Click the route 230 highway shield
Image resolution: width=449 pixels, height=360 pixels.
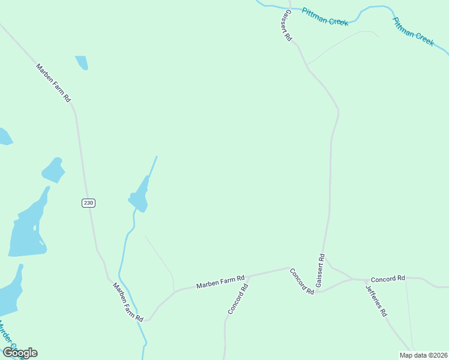(x=88, y=203)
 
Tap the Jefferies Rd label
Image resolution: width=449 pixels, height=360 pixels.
(x=376, y=299)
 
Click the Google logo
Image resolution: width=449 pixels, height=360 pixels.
(x=20, y=352)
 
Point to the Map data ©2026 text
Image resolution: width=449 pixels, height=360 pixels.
(x=423, y=355)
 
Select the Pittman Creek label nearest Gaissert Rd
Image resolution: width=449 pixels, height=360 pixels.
(x=325, y=17)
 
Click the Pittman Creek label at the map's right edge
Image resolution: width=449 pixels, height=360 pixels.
(x=413, y=31)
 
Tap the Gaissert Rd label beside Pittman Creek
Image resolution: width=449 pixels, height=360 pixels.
(x=285, y=26)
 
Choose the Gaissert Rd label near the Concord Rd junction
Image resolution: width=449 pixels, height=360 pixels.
(x=321, y=270)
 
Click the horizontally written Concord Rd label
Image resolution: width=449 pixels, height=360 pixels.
(x=388, y=279)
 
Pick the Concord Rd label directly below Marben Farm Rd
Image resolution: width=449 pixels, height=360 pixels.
(x=238, y=299)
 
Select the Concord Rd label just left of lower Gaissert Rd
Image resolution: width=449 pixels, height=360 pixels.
(x=302, y=281)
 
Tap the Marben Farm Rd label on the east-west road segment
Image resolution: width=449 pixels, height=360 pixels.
(x=220, y=281)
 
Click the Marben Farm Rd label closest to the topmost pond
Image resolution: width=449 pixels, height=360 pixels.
(x=53, y=83)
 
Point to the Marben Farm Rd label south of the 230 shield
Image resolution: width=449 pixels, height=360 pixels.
(x=128, y=301)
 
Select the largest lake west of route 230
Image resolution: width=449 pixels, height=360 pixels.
(x=27, y=231)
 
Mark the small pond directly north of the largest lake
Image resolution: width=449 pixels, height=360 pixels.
(x=53, y=170)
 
